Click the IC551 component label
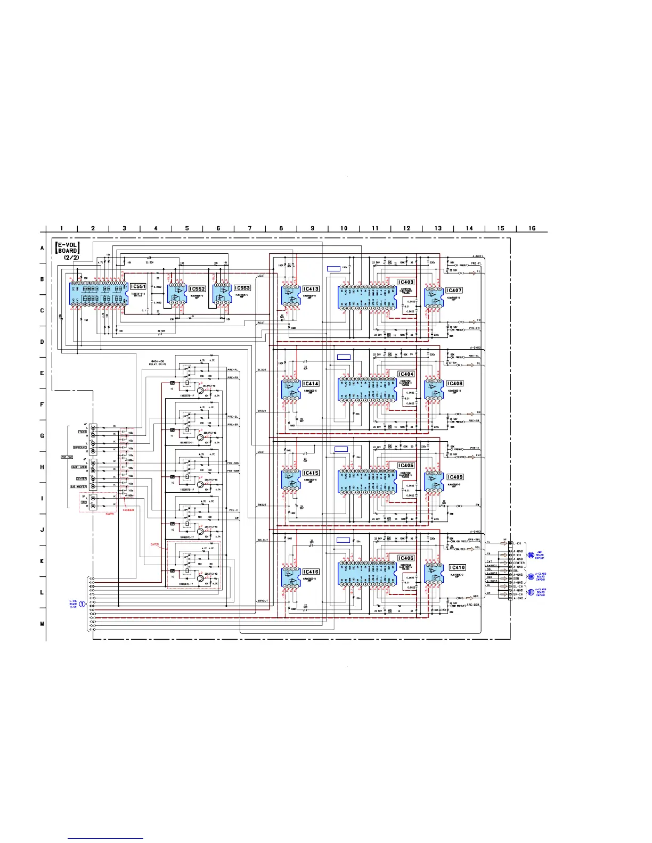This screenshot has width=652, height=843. pyautogui.click(x=138, y=286)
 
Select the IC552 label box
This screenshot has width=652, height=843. pyautogui.click(x=198, y=289)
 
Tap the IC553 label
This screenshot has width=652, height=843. pyautogui.click(x=242, y=288)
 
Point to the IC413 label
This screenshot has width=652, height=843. pyautogui.click(x=311, y=289)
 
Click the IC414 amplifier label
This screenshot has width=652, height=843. pyautogui.click(x=311, y=383)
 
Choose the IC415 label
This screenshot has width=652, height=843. pyautogui.click(x=311, y=473)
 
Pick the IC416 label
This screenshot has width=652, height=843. pyautogui.click(x=311, y=572)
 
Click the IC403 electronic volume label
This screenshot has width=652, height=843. pyautogui.click(x=406, y=282)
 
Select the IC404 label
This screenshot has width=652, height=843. pyautogui.click(x=406, y=374)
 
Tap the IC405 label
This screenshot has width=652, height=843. pyautogui.click(x=406, y=465)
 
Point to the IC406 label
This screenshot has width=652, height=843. pyautogui.click(x=406, y=558)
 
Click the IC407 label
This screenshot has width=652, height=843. pyautogui.click(x=454, y=290)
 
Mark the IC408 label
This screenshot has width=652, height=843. pyautogui.click(x=454, y=383)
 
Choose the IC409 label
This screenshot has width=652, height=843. pyautogui.click(x=454, y=477)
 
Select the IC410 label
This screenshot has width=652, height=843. pyautogui.click(x=457, y=567)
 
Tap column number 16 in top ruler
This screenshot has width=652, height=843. pyautogui.click(x=532, y=228)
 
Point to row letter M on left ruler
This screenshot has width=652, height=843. pyautogui.click(x=42, y=623)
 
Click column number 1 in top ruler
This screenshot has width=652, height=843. pyautogui.click(x=62, y=228)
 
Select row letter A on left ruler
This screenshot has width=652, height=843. pyautogui.click(x=42, y=248)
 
